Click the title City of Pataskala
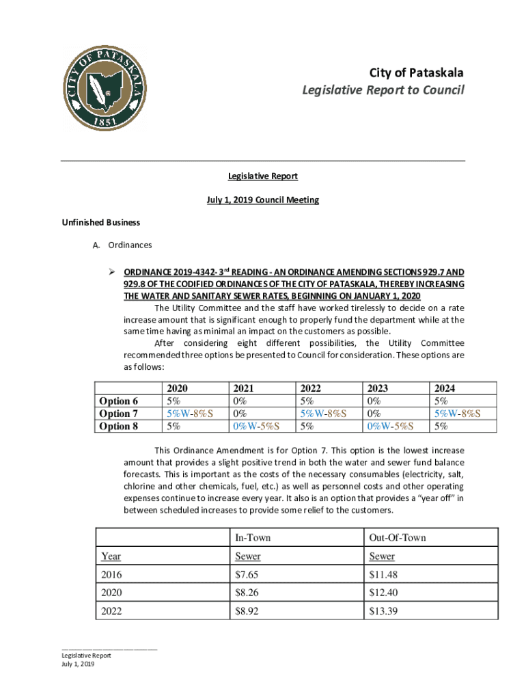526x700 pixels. pos(416,73)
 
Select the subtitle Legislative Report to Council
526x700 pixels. pos(384,90)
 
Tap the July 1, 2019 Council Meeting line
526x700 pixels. pos(263,200)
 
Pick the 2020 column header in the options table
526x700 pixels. pos(177,388)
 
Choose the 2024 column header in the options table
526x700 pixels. pos(444,388)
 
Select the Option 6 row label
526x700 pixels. pos(119,401)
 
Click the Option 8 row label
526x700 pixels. pos(119,426)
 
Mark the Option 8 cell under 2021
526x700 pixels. pos(256,426)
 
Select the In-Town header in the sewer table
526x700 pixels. pos(253,537)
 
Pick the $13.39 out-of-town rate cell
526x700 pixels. pos(383,611)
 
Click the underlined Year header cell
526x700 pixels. pos(111,556)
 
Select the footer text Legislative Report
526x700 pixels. pos(86,655)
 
